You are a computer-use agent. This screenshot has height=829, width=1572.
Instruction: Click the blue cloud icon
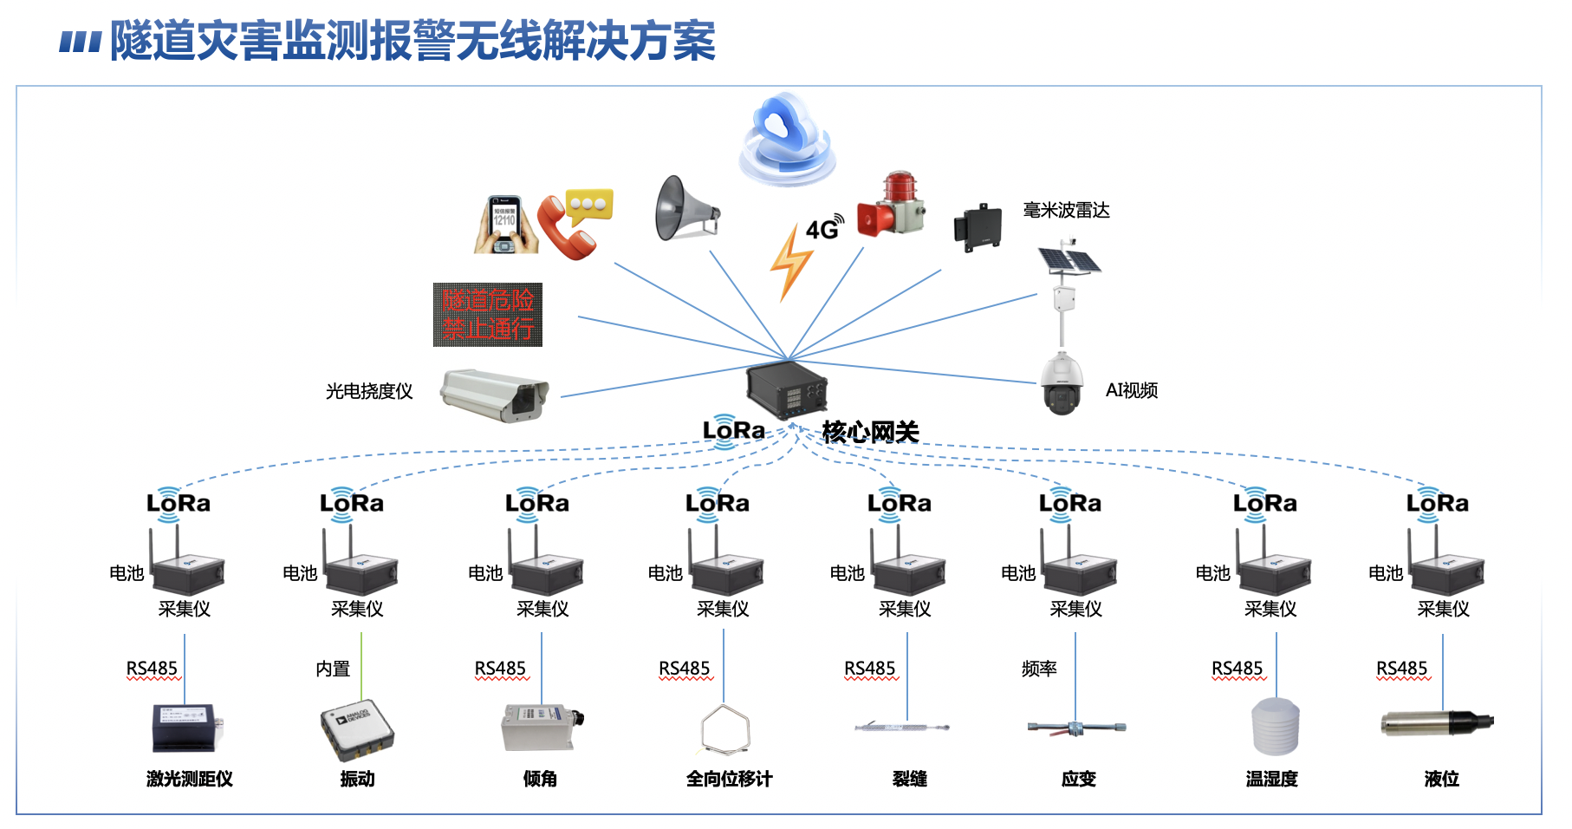[x=786, y=139]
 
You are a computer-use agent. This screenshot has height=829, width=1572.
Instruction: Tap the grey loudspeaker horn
[x=685, y=209]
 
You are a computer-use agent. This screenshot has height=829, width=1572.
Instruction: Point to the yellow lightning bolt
[x=790, y=263]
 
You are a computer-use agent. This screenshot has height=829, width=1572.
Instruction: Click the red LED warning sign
[x=488, y=315]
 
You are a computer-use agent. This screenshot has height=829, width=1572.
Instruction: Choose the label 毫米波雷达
[x=1066, y=211]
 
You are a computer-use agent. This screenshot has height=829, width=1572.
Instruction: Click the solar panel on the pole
[x=1069, y=258]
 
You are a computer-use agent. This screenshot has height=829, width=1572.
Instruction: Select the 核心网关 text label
[x=870, y=431]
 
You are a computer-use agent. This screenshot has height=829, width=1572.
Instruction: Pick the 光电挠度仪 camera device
[x=495, y=395]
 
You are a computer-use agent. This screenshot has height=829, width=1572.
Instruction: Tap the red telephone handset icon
[x=564, y=229]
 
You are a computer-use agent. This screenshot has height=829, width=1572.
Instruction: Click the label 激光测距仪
[x=190, y=779]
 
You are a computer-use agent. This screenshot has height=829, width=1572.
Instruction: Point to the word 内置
[x=333, y=669]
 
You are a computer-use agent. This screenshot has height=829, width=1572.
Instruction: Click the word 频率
[x=1039, y=669]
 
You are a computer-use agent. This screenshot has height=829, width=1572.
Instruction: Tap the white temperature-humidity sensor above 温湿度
[x=1276, y=726]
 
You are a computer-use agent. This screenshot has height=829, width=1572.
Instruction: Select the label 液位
[x=1442, y=779]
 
